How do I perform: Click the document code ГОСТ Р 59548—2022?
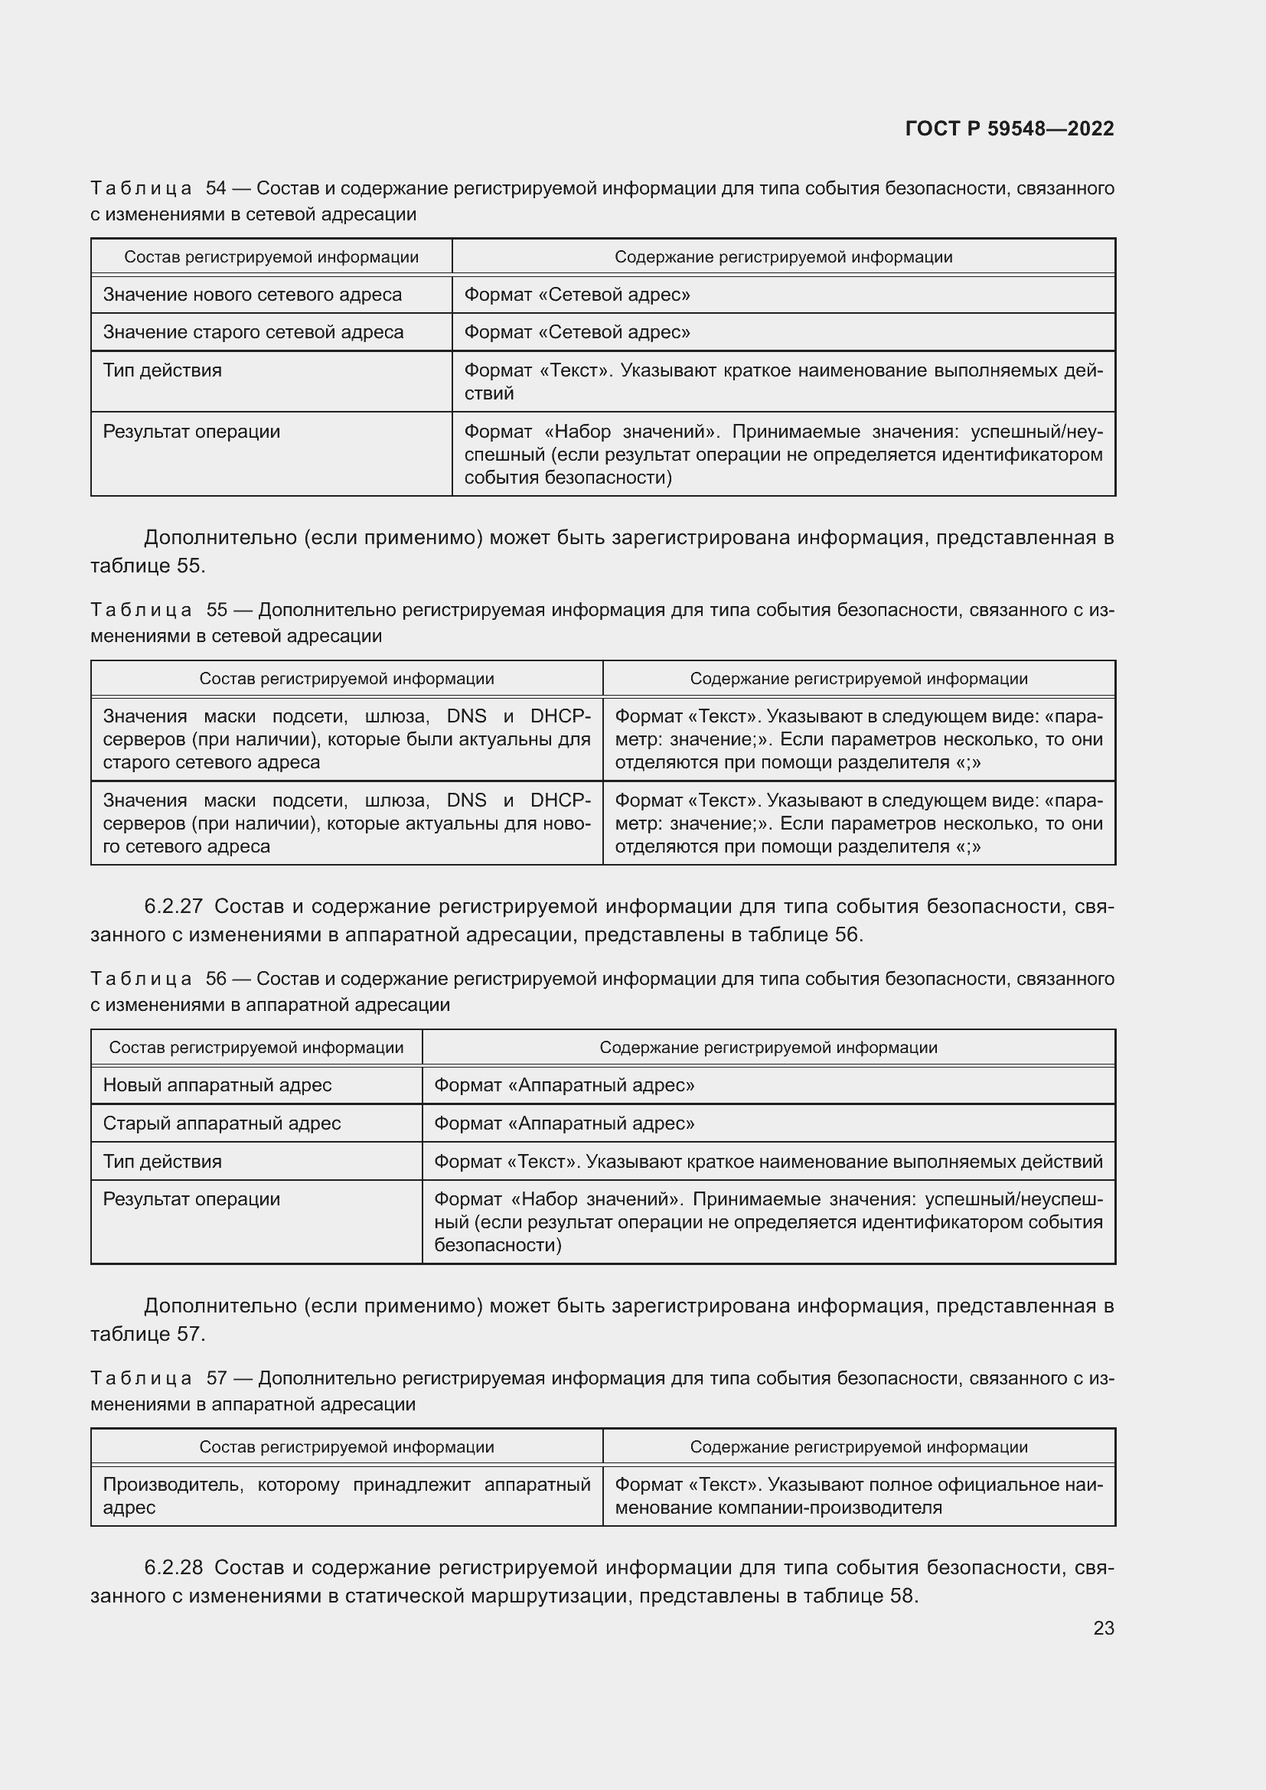pyautogui.click(x=1009, y=129)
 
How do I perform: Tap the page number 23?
pyautogui.click(x=1103, y=1628)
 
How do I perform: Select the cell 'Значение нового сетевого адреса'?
pyautogui.click(x=252, y=295)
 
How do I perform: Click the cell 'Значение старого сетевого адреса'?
pyautogui.click(x=253, y=332)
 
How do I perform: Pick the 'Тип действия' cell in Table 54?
pyautogui.click(x=162, y=370)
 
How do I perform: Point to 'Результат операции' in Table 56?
pyautogui.click(x=191, y=1199)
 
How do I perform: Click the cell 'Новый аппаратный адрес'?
pyautogui.click(x=217, y=1085)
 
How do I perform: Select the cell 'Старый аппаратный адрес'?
pyautogui.click(x=221, y=1123)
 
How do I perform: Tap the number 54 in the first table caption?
pyautogui.click(x=215, y=189)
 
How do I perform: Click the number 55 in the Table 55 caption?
pyautogui.click(x=216, y=610)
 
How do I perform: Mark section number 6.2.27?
pyautogui.click(x=173, y=906)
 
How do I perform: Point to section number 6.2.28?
pyautogui.click(x=173, y=1567)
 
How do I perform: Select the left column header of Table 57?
pyautogui.click(x=346, y=1447)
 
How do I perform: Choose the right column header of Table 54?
pyautogui.click(x=783, y=257)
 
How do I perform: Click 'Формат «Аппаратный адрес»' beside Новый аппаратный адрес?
pyautogui.click(x=563, y=1085)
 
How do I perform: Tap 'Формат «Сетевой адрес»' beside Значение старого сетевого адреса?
pyautogui.click(x=577, y=332)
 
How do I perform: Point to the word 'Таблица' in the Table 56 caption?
pyautogui.click(x=140, y=980)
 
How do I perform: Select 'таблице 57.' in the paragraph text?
pyautogui.click(x=147, y=1334)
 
